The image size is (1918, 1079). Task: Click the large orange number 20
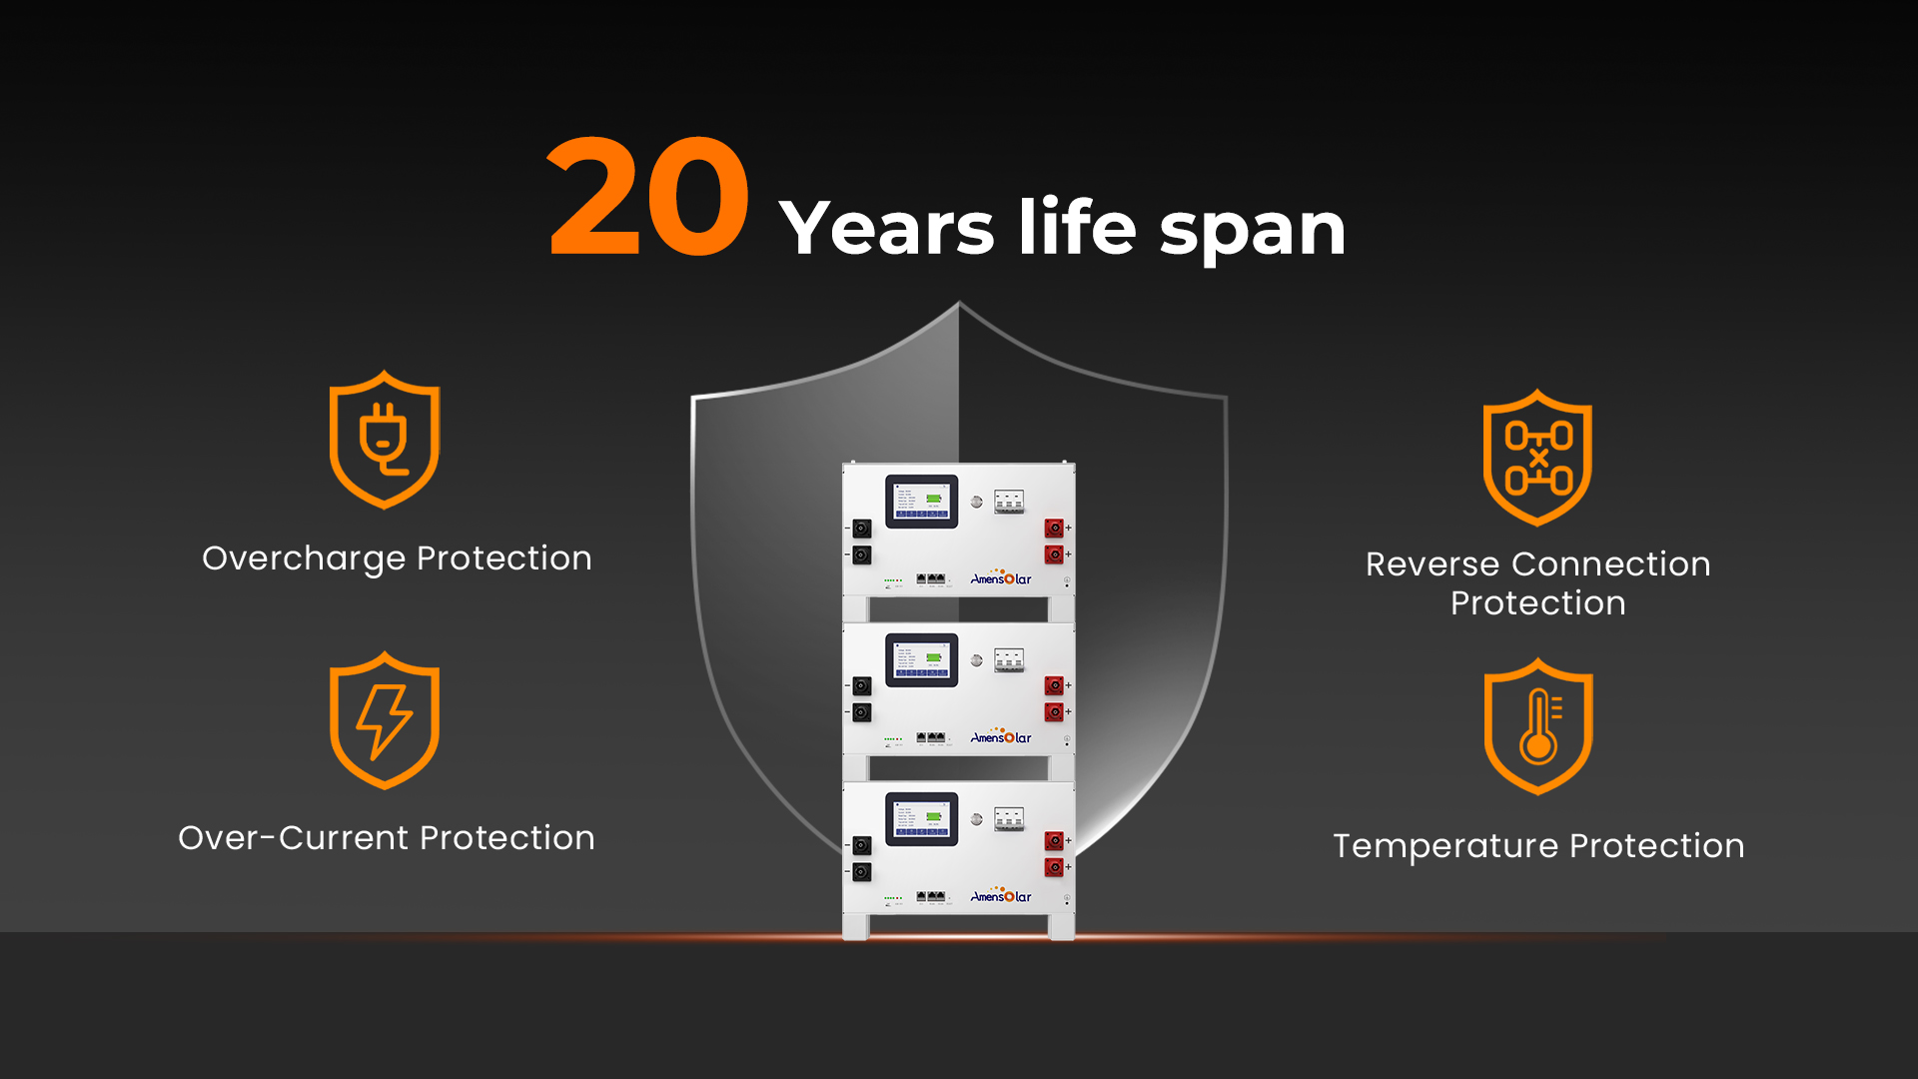648,197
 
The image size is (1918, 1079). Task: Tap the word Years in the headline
886,228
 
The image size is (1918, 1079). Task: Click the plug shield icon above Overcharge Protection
385,440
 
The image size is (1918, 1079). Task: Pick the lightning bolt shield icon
385,720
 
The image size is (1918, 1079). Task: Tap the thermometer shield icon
1538,726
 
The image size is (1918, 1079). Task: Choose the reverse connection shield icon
1537,458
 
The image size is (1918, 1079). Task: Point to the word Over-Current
293,837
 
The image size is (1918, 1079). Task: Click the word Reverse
1432,564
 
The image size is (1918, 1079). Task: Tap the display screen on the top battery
921,501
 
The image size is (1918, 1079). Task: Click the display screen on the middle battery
921,659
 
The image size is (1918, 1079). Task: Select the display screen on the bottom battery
921,818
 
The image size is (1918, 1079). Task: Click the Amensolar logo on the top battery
1001,578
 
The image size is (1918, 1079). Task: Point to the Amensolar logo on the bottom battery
1001,896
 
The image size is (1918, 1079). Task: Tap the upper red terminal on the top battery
1054,528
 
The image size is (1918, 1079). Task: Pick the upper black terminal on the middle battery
862,685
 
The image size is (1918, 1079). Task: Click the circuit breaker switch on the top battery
1009,501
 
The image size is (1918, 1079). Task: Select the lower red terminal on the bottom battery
1054,866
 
